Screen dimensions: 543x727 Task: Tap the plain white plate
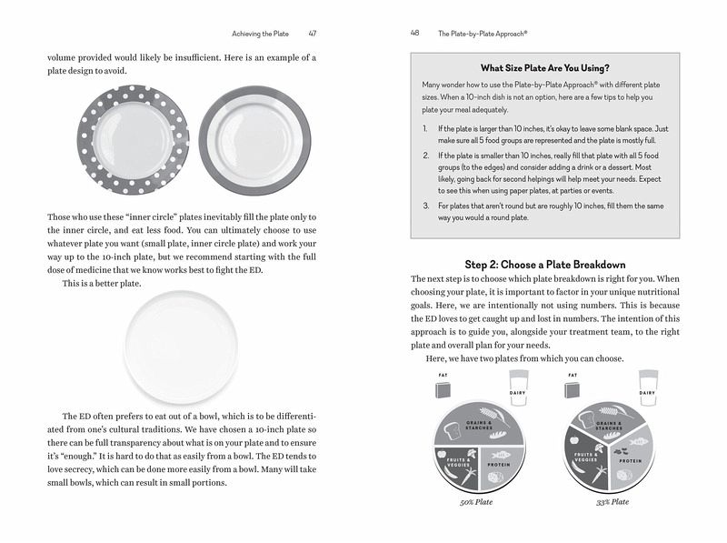(x=181, y=347)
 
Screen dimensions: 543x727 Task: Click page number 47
(x=312, y=34)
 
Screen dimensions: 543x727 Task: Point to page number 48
(x=415, y=34)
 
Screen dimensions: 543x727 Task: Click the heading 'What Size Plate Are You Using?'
(x=544, y=67)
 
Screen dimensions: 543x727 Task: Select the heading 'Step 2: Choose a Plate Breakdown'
(x=544, y=263)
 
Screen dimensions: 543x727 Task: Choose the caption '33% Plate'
(x=612, y=502)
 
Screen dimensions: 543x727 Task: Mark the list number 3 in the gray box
(x=426, y=206)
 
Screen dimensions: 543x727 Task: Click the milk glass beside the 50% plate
(x=518, y=389)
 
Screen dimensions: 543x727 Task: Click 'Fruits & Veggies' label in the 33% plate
(x=585, y=457)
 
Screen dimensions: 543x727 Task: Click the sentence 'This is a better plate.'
(x=101, y=284)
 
